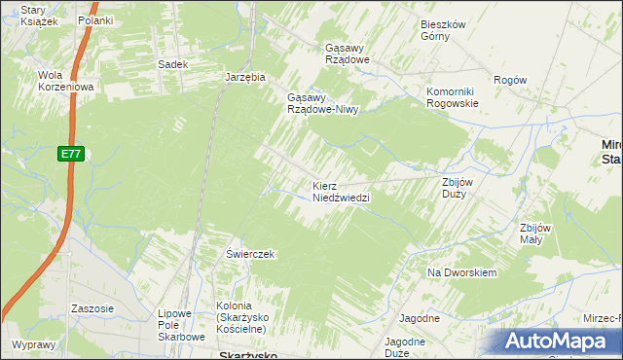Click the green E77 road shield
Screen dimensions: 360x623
click(69, 154)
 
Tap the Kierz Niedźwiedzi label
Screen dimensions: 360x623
click(341, 191)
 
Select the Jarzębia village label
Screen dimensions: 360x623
click(244, 76)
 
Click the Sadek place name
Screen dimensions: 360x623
click(172, 64)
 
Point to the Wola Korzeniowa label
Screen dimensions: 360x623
click(64, 81)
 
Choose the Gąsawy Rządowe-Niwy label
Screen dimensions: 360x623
click(322, 103)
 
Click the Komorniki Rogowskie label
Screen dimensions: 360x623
click(453, 97)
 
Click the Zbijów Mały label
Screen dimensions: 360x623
click(536, 234)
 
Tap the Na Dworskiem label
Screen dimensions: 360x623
click(462, 272)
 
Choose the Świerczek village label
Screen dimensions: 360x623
click(251, 254)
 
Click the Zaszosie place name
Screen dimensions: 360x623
click(92, 308)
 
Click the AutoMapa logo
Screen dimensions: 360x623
click(556, 341)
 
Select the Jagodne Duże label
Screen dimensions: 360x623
click(404, 347)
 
